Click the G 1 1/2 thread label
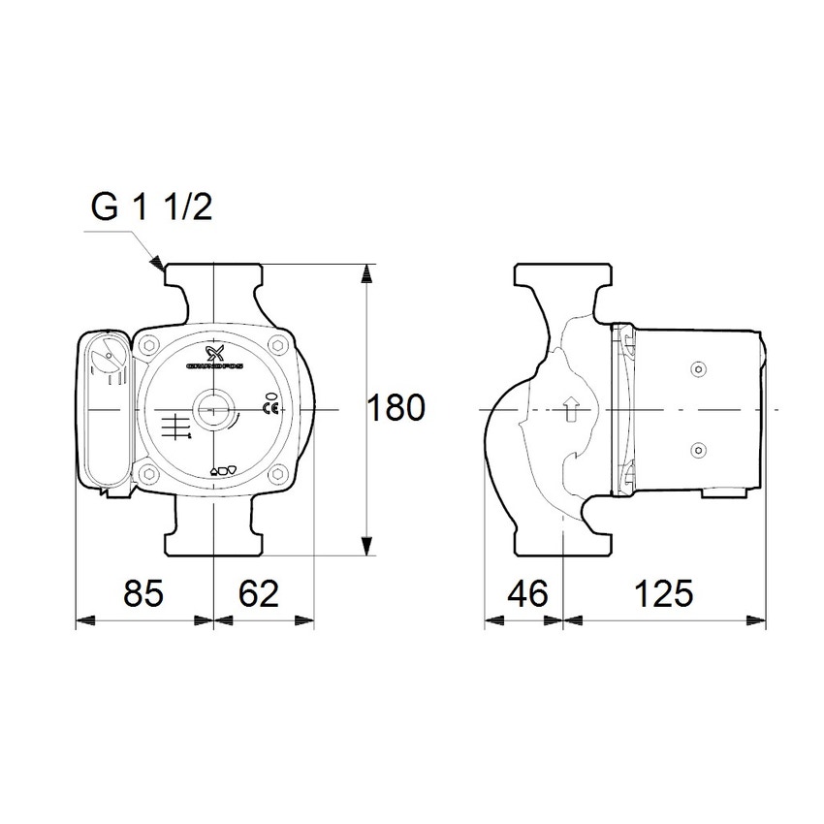point(151,206)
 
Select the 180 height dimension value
point(396,408)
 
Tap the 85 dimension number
point(144,592)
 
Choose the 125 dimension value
point(665,592)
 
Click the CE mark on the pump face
point(271,408)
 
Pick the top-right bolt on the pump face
point(278,344)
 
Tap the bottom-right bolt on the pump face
point(278,475)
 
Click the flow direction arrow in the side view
point(571,410)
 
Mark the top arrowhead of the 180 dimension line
point(366,270)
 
